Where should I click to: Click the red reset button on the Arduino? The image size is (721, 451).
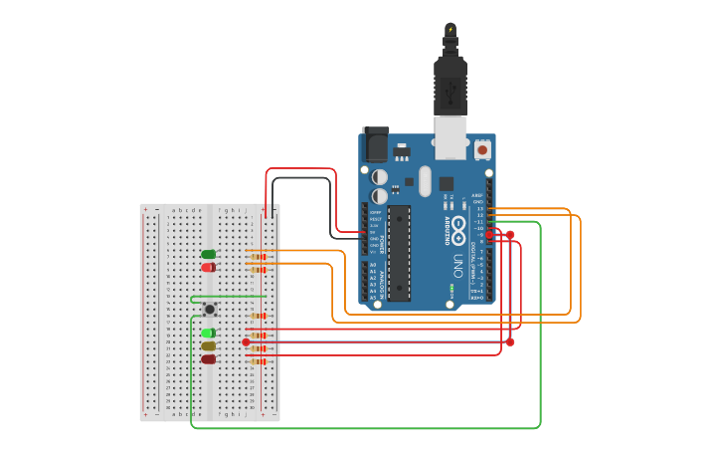482,149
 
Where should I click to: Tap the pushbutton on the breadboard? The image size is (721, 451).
209,310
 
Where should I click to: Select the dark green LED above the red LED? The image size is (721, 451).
208,255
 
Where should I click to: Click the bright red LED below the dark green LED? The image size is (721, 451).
208,267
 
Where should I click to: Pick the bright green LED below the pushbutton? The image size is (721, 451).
208,333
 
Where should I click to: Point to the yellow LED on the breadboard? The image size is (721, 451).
208,345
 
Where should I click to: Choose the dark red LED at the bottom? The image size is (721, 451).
208,358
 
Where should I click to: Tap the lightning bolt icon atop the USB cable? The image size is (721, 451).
451,30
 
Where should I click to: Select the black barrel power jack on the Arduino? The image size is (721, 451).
376,145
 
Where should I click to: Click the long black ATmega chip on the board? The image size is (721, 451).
399,253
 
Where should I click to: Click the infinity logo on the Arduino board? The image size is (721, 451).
457,225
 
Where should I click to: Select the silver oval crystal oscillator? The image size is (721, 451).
425,181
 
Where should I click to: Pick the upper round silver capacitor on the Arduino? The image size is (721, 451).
380,177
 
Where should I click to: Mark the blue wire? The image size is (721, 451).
378,341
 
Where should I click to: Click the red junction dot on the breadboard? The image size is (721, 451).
246,341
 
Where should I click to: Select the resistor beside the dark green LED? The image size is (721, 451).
259,257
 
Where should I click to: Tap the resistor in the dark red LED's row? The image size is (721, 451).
259,361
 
